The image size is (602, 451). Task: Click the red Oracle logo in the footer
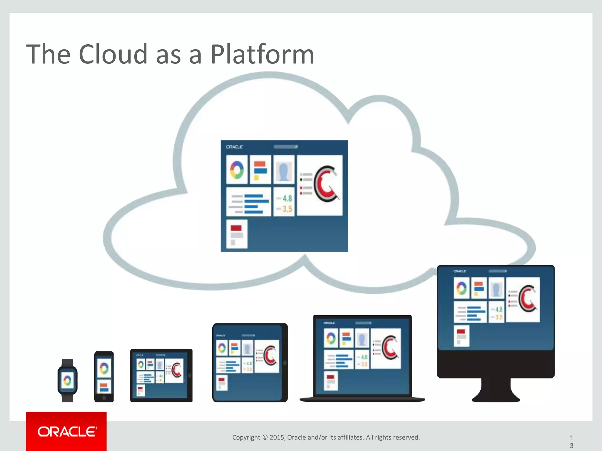pyautogui.click(x=66, y=431)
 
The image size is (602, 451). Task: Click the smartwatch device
pyautogui.click(x=67, y=380)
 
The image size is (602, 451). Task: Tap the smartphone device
pyautogui.click(x=104, y=376)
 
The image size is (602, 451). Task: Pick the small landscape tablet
pyautogui.click(x=161, y=375)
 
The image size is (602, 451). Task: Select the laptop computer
pyautogui.click(x=362, y=358)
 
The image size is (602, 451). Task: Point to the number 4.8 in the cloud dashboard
pyautogui.click(x=287, y=198)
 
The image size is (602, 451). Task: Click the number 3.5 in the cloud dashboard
pyautogui.click(x=287, y=209)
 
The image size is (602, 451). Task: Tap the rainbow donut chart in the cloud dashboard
pyautogui.click(x=237, y=170)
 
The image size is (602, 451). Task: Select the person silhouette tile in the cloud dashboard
pyautogui.click(x=284, y=170)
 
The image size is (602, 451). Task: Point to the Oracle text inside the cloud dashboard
pyautogui.click(x=235, y=147)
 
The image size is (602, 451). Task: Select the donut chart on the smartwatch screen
pyautogui.click(x=67, y=381)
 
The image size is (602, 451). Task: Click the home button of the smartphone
pyautogui.click(x=104, y=398)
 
